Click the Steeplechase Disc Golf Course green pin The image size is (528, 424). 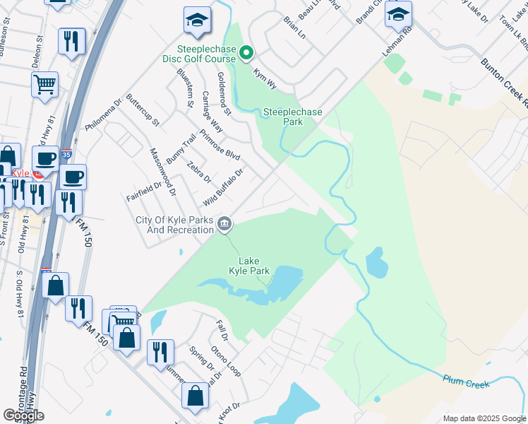(x=246, y=53)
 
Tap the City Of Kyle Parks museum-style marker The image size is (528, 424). (x=224, y=225)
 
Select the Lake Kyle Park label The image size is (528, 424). (x=249, y=266)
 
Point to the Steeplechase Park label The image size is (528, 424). (x=292, y=117)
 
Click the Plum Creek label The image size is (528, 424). (x=466, y=382)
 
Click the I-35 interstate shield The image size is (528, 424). (x=66, y=153)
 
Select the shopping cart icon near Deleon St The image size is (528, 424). (x=44, y=85)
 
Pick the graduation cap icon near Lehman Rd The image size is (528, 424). (x=399, y=15)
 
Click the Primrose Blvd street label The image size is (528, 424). (x=220, y=146)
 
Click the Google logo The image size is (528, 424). (x=25, y=416)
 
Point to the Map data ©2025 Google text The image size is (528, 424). (x=484, y=418)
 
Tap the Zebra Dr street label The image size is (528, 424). (x=199, y=172)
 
